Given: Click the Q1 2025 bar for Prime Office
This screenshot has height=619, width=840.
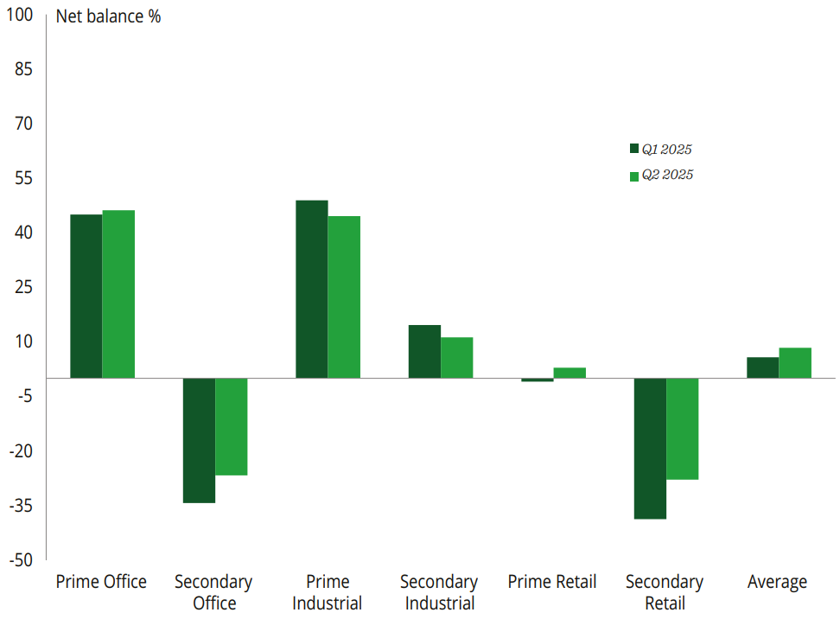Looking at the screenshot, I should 86,296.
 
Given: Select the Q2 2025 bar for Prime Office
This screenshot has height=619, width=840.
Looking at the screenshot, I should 118,294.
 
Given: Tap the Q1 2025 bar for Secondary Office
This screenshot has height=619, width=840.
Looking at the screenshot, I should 199,440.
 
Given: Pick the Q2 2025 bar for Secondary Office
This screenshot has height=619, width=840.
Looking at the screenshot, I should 232,426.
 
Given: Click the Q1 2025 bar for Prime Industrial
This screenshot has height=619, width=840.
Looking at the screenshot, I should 311,289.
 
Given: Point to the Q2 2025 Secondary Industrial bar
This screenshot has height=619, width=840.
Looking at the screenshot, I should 457,357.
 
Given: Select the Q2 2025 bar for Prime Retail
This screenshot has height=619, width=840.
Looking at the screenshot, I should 570,373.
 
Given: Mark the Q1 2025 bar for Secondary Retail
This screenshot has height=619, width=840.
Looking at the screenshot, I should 650,448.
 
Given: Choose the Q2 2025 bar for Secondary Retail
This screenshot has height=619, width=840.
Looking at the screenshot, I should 682,428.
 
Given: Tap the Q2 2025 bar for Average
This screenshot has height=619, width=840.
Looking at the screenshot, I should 795,362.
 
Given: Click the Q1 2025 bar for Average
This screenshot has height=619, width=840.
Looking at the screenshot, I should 762,367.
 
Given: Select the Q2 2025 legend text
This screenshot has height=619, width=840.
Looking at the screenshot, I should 667,175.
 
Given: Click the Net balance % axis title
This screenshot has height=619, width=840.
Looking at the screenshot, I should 108,16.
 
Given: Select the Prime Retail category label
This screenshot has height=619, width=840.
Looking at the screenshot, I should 552,582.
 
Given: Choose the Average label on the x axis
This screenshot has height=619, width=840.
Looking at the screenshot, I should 777,582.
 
